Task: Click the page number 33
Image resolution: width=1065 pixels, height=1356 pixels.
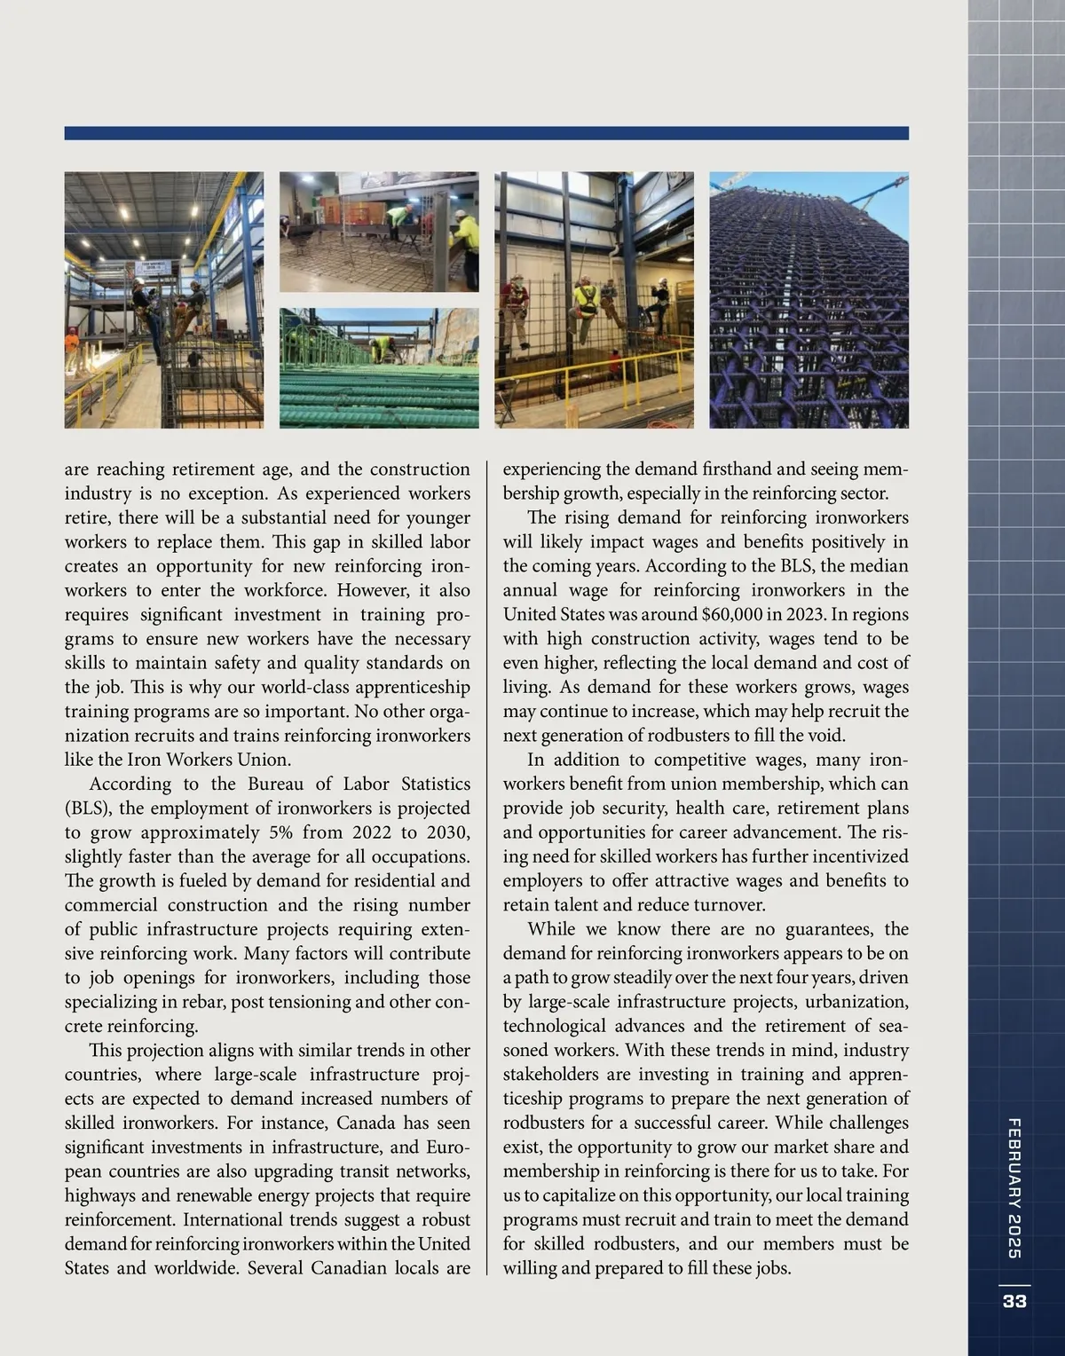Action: tap(1014, 1301)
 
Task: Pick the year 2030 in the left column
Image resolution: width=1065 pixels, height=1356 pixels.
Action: tap(439, 832)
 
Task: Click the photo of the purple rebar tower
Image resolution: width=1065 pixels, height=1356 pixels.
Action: tap(809, 300)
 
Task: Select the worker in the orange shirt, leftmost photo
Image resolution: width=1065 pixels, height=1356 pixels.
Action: tap(72, 342)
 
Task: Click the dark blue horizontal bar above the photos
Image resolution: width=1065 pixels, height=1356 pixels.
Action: tap(486, 133)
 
